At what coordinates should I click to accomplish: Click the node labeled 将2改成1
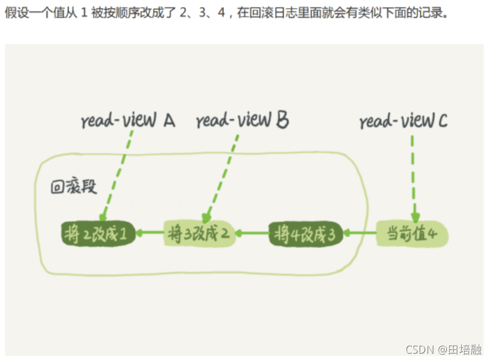98,234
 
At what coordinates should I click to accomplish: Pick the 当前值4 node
411,234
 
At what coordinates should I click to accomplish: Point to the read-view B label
242,120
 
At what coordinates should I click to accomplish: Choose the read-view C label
403,121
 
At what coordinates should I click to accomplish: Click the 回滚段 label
73,187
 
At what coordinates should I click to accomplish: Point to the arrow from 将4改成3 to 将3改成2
253,234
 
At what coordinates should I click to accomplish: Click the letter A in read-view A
168,120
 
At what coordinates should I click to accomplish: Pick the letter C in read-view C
441,121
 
